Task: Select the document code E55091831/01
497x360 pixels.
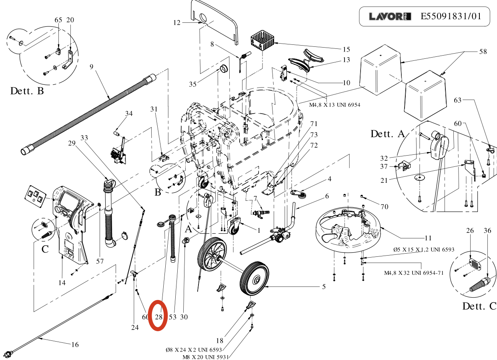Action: coord(451,17)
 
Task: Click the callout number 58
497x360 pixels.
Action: coord(483,52)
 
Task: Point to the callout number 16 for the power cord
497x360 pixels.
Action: coord(75,344)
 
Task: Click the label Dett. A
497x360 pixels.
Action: coord(388,134)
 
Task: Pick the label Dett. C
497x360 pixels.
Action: coord(479,306)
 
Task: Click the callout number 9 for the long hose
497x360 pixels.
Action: coord(91,66)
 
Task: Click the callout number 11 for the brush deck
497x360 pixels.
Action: coord(428,238)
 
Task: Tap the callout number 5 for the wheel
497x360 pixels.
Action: coord(324,286)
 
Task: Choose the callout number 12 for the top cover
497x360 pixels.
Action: coord(177,23)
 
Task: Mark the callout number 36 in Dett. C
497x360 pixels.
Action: coord(487,230)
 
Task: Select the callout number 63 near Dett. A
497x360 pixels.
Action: coord(457,100)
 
